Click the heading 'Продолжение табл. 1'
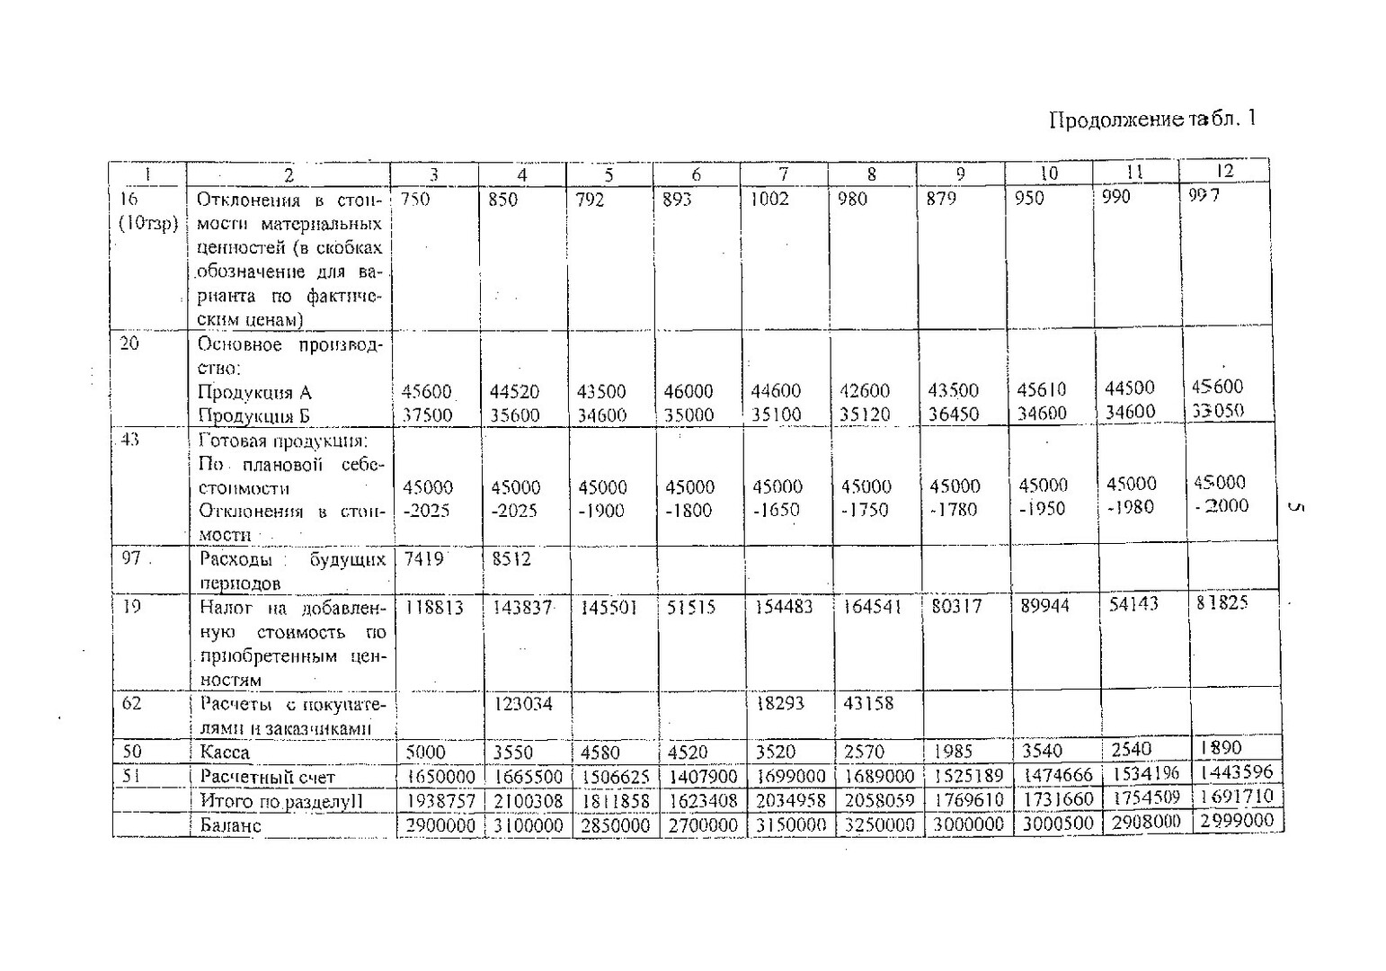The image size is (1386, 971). tap(1151, 120)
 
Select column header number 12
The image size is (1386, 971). tap(1224, 171)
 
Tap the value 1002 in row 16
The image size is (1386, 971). tap(770, 199)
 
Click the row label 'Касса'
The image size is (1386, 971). tap(225, 753)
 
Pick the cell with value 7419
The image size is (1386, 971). tap(423, 559)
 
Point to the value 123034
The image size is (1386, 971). tap(523, 704)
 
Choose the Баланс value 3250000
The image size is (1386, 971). tap(878, 824)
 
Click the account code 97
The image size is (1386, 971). tap(131, 558)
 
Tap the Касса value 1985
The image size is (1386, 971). tap(953, 751)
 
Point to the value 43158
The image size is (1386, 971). tap(868, 703)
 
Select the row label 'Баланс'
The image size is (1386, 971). tap(230, 825)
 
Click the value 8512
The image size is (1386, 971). tap(511, 558)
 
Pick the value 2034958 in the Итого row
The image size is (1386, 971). tap(790, 800)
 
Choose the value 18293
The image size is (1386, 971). tap(779, 703)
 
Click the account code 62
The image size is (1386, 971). tap(131, 703)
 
